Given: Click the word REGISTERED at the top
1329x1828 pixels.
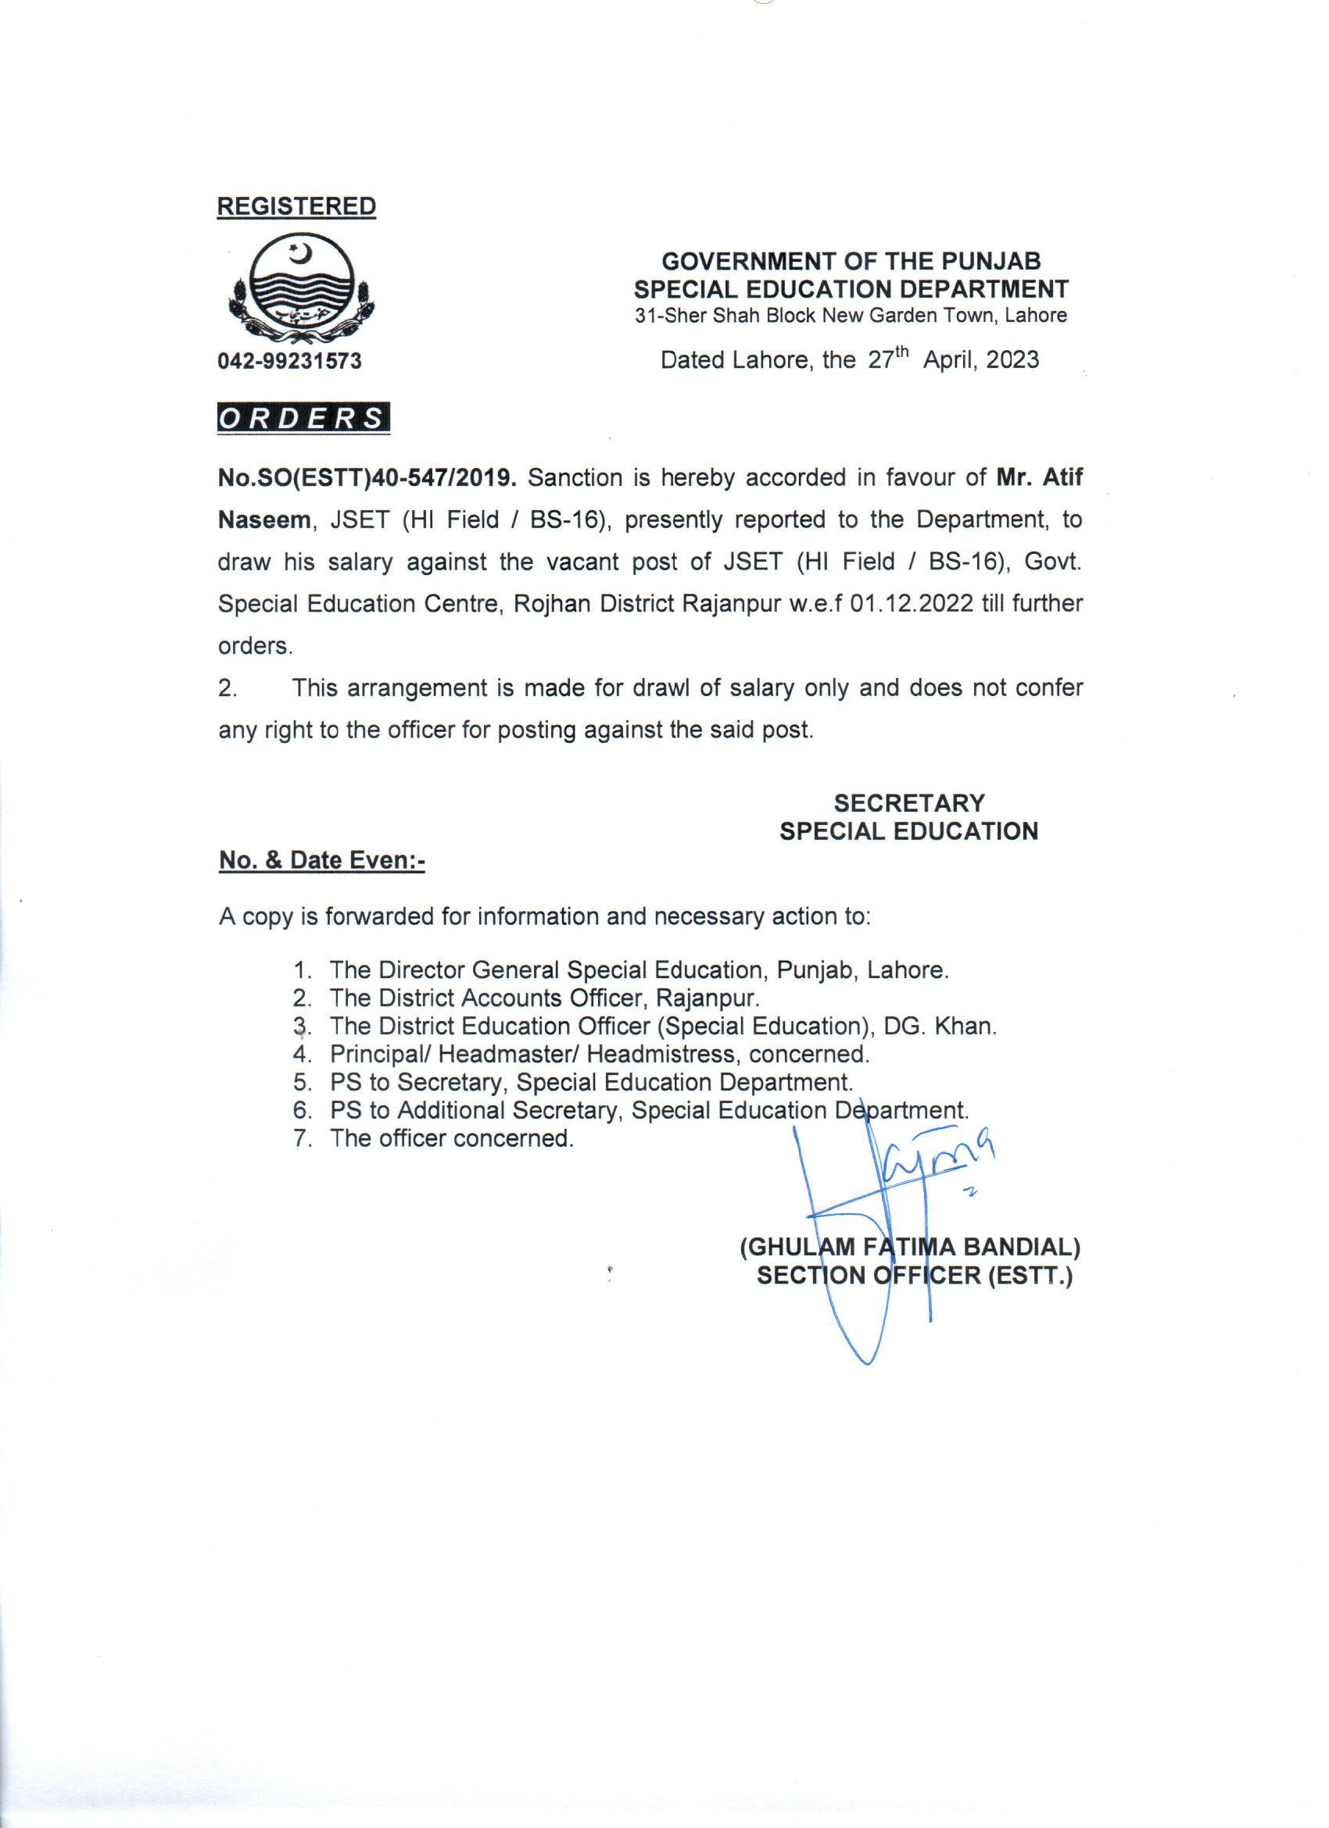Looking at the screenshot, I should (x=296, y=206).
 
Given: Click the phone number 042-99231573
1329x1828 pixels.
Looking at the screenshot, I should (x=289, y=361).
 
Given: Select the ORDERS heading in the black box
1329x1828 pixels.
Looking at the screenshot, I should (x=303, y=420).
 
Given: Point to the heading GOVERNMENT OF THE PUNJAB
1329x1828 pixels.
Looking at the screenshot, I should (x=851, y=261).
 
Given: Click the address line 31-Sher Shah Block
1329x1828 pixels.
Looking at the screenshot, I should (x=851, y=315).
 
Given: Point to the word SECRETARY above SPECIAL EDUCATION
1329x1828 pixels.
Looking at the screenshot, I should (x=909, y=803).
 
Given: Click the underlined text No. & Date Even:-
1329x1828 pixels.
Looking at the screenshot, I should (x=322, y=861).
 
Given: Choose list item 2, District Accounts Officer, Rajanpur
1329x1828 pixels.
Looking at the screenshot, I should (x=544, y=998).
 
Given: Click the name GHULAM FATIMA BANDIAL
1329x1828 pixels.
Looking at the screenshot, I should (x=910, y=1248).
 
